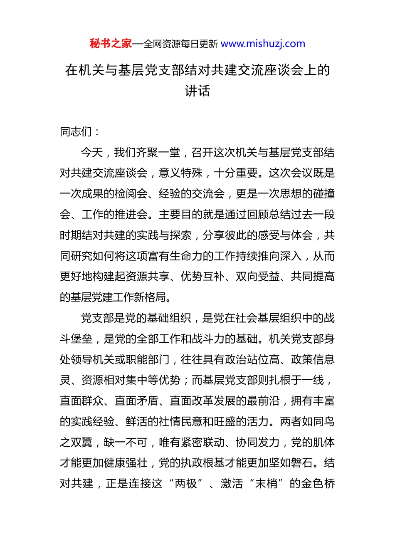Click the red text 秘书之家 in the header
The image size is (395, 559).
pos(111,44)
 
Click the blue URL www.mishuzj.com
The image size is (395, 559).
pos(263,44)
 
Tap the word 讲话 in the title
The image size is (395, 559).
pos(197,91)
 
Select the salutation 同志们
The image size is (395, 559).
pos(76,132)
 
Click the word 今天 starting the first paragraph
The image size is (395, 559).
pos(92,153)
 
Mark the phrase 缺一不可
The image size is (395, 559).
pos(126,442)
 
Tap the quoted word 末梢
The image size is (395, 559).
pos(266,484)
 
